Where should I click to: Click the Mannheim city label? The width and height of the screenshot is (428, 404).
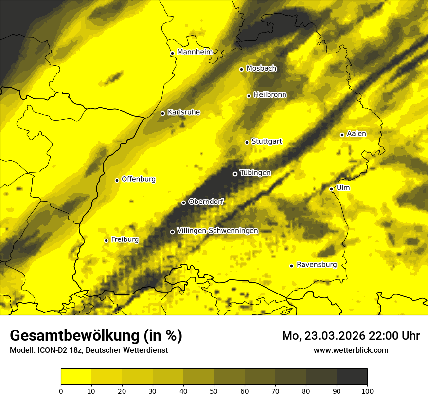[x=195, y=52]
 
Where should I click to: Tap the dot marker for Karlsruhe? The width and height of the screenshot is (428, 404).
[x=162, y=113]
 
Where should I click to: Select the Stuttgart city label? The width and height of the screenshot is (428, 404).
[x=267, y=142]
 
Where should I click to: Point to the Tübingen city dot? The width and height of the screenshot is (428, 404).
[x=235, y=174]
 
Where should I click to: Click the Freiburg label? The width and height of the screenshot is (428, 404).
[x=125, y=239]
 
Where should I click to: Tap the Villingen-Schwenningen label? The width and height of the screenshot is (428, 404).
[x=217, y=231]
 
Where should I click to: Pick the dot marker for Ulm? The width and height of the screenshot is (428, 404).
[x=331, y=189]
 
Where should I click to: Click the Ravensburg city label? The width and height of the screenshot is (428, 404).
[x=316, y=265]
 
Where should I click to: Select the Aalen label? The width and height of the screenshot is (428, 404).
[x=357, y=134]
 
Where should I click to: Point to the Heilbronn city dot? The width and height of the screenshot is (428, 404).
[x=249, y=96]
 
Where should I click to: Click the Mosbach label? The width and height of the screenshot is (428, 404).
[x=261, y=69]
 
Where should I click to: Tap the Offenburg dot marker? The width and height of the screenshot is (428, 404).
[x=117, y=180]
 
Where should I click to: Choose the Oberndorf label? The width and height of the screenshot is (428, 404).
[x=206, y=202]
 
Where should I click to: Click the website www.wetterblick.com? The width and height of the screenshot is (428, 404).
[x=351, y=350]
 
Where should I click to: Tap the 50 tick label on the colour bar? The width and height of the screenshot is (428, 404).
[x=214, y=390]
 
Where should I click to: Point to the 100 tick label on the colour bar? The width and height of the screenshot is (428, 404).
[x=367, y=390]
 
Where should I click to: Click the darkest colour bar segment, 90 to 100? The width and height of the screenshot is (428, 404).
[x=352, y=377]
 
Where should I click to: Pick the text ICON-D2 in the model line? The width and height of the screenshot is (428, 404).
[x=51, y=350]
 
